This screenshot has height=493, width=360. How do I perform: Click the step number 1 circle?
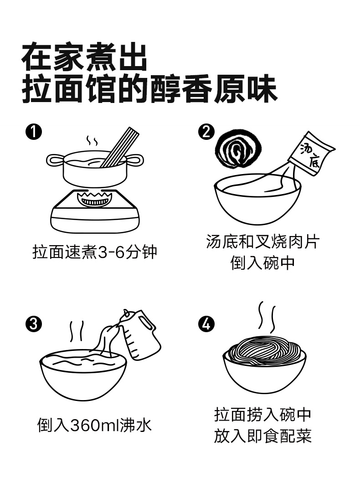(34, 132)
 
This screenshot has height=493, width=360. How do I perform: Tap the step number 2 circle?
(206, 132)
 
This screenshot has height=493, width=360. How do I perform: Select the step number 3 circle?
(34, 324)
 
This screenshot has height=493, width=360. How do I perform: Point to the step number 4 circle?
(206, 324)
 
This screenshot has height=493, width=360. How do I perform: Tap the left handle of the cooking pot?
(56, 160)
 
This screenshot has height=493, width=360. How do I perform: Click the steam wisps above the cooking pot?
(92, 142)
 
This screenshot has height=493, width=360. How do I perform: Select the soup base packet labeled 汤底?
(311, 154)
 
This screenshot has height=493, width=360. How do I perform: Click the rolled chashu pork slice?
(238, 150)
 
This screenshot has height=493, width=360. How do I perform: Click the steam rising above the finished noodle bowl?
(267, 317)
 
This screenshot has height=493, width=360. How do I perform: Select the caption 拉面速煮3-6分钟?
(95, 252)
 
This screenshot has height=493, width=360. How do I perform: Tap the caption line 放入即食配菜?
(263, 436)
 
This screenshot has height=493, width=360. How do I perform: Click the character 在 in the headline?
(36, 57)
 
